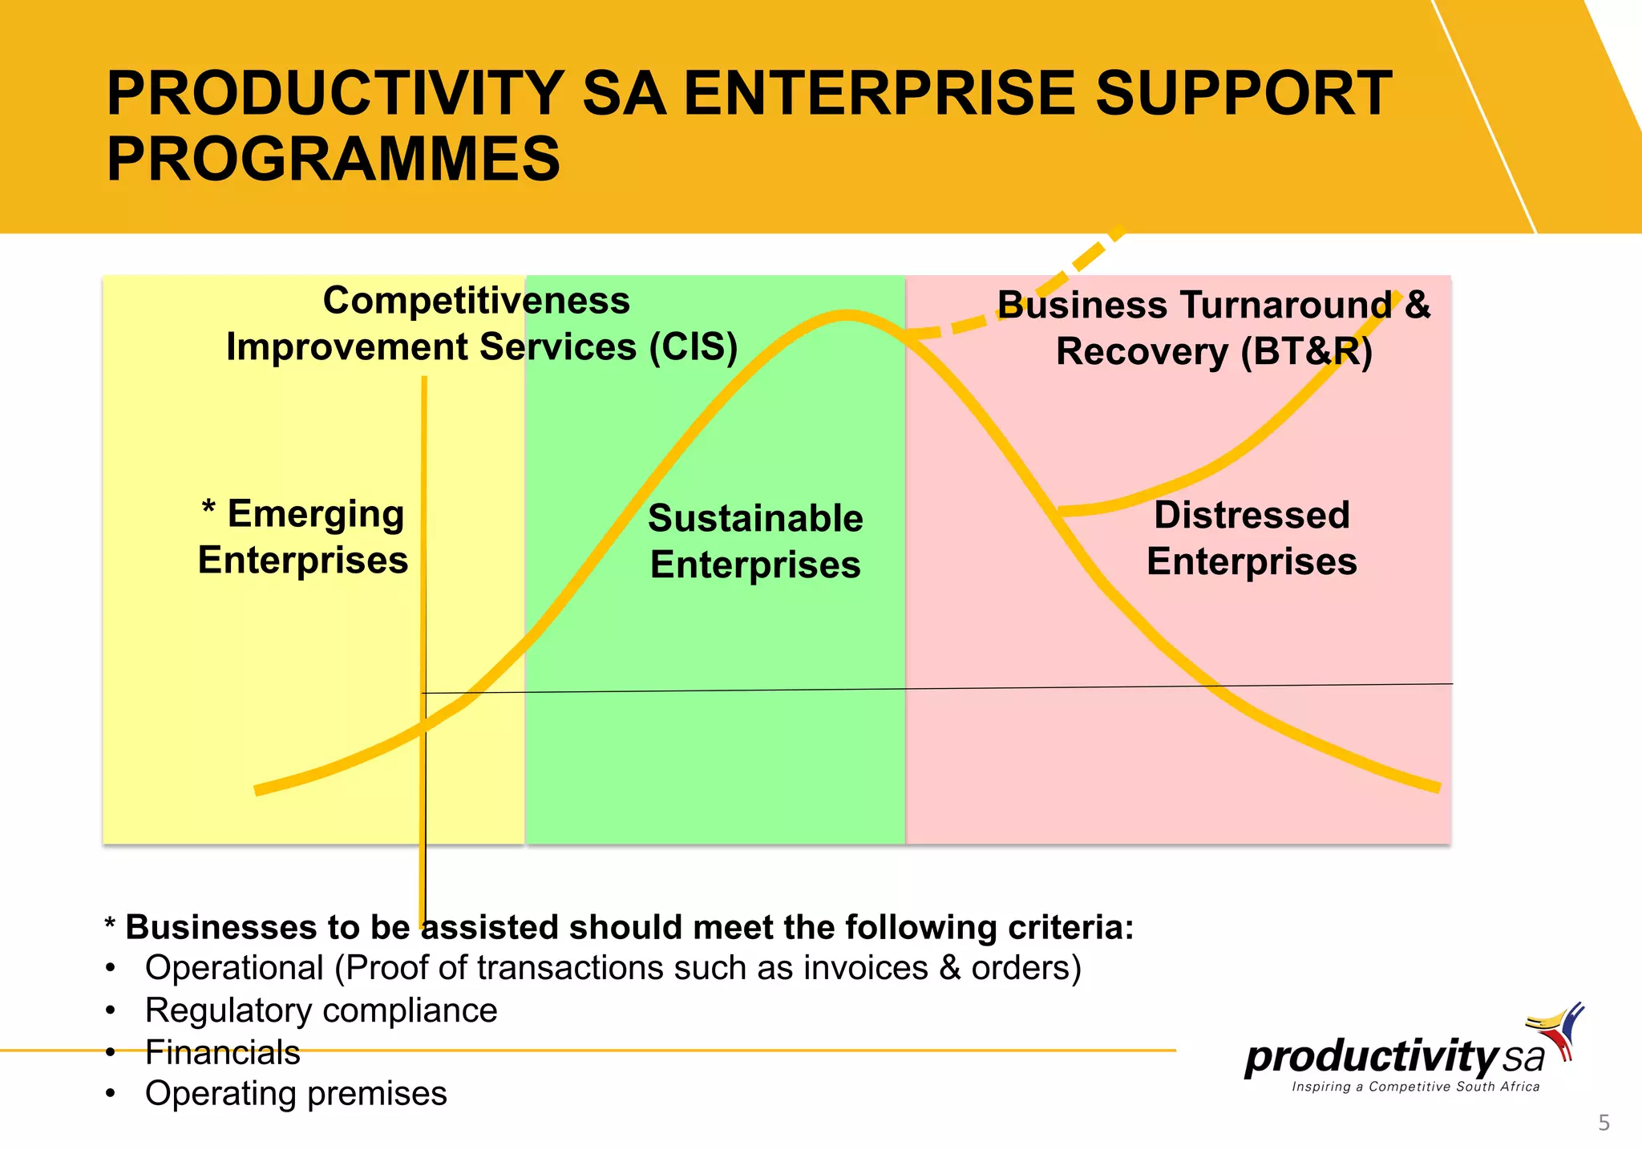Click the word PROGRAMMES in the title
[x=333, y=159]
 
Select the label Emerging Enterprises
[x=303, y=537]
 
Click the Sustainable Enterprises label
[x=755, y=541]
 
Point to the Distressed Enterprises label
[x=1252, y=538]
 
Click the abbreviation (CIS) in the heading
[x=693, y=348]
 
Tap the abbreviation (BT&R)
[x=1306, y=352]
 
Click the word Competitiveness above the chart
[x=476, y=301]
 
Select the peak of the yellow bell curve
[x=846, y=315]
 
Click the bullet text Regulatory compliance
[x=321, y=1010]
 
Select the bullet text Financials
[x=222, y=1053]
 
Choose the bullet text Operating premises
[x=296, y=1094]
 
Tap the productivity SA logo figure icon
[x=1559, y=1031]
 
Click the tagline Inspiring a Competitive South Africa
[x=1415, y=1087]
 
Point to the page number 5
[x=1604, y=1123]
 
